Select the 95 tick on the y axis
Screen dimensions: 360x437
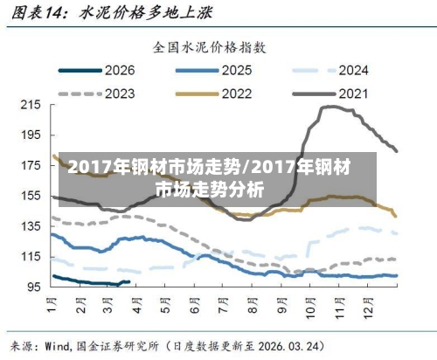pyautogui.click(x=33, y=287)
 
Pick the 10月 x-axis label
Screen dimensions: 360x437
pyautogui.click(x=310, y=308)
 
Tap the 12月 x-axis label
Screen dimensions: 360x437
pyautogui.click(x=368, y=308)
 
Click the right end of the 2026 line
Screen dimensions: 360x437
pyautogui.click(x=129, y=281)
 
